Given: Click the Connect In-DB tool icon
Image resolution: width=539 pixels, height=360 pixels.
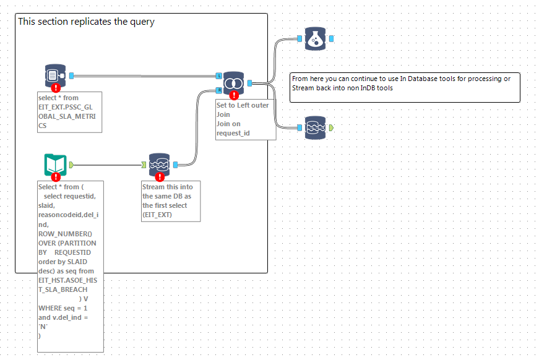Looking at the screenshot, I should tap(51, 76).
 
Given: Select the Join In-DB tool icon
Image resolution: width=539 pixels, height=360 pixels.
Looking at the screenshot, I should tap(233, 82).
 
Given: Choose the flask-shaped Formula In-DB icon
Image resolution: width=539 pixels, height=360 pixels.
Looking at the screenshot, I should tap(316, 38).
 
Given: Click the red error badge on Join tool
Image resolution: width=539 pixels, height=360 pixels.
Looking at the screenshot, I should tap(234, 95).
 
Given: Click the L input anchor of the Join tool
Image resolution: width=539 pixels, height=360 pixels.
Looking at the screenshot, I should tap(219, 75).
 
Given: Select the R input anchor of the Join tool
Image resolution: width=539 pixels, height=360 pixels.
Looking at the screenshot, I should tap(219, 90).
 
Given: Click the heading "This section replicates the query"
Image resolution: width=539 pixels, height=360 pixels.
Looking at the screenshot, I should tap(86, 22).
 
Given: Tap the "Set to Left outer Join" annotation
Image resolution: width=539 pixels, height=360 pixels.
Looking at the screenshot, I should tap(242, 109).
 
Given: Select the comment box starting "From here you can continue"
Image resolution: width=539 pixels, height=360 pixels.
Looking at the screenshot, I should tap(405, 87).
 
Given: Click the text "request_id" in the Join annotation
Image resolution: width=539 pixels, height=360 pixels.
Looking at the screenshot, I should tap(234, 132).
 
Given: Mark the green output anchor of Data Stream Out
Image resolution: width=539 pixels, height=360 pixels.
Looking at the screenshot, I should tap(332, 127).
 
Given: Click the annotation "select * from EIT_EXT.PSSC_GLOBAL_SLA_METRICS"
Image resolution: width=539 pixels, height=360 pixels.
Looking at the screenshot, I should tap(63, 111).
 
